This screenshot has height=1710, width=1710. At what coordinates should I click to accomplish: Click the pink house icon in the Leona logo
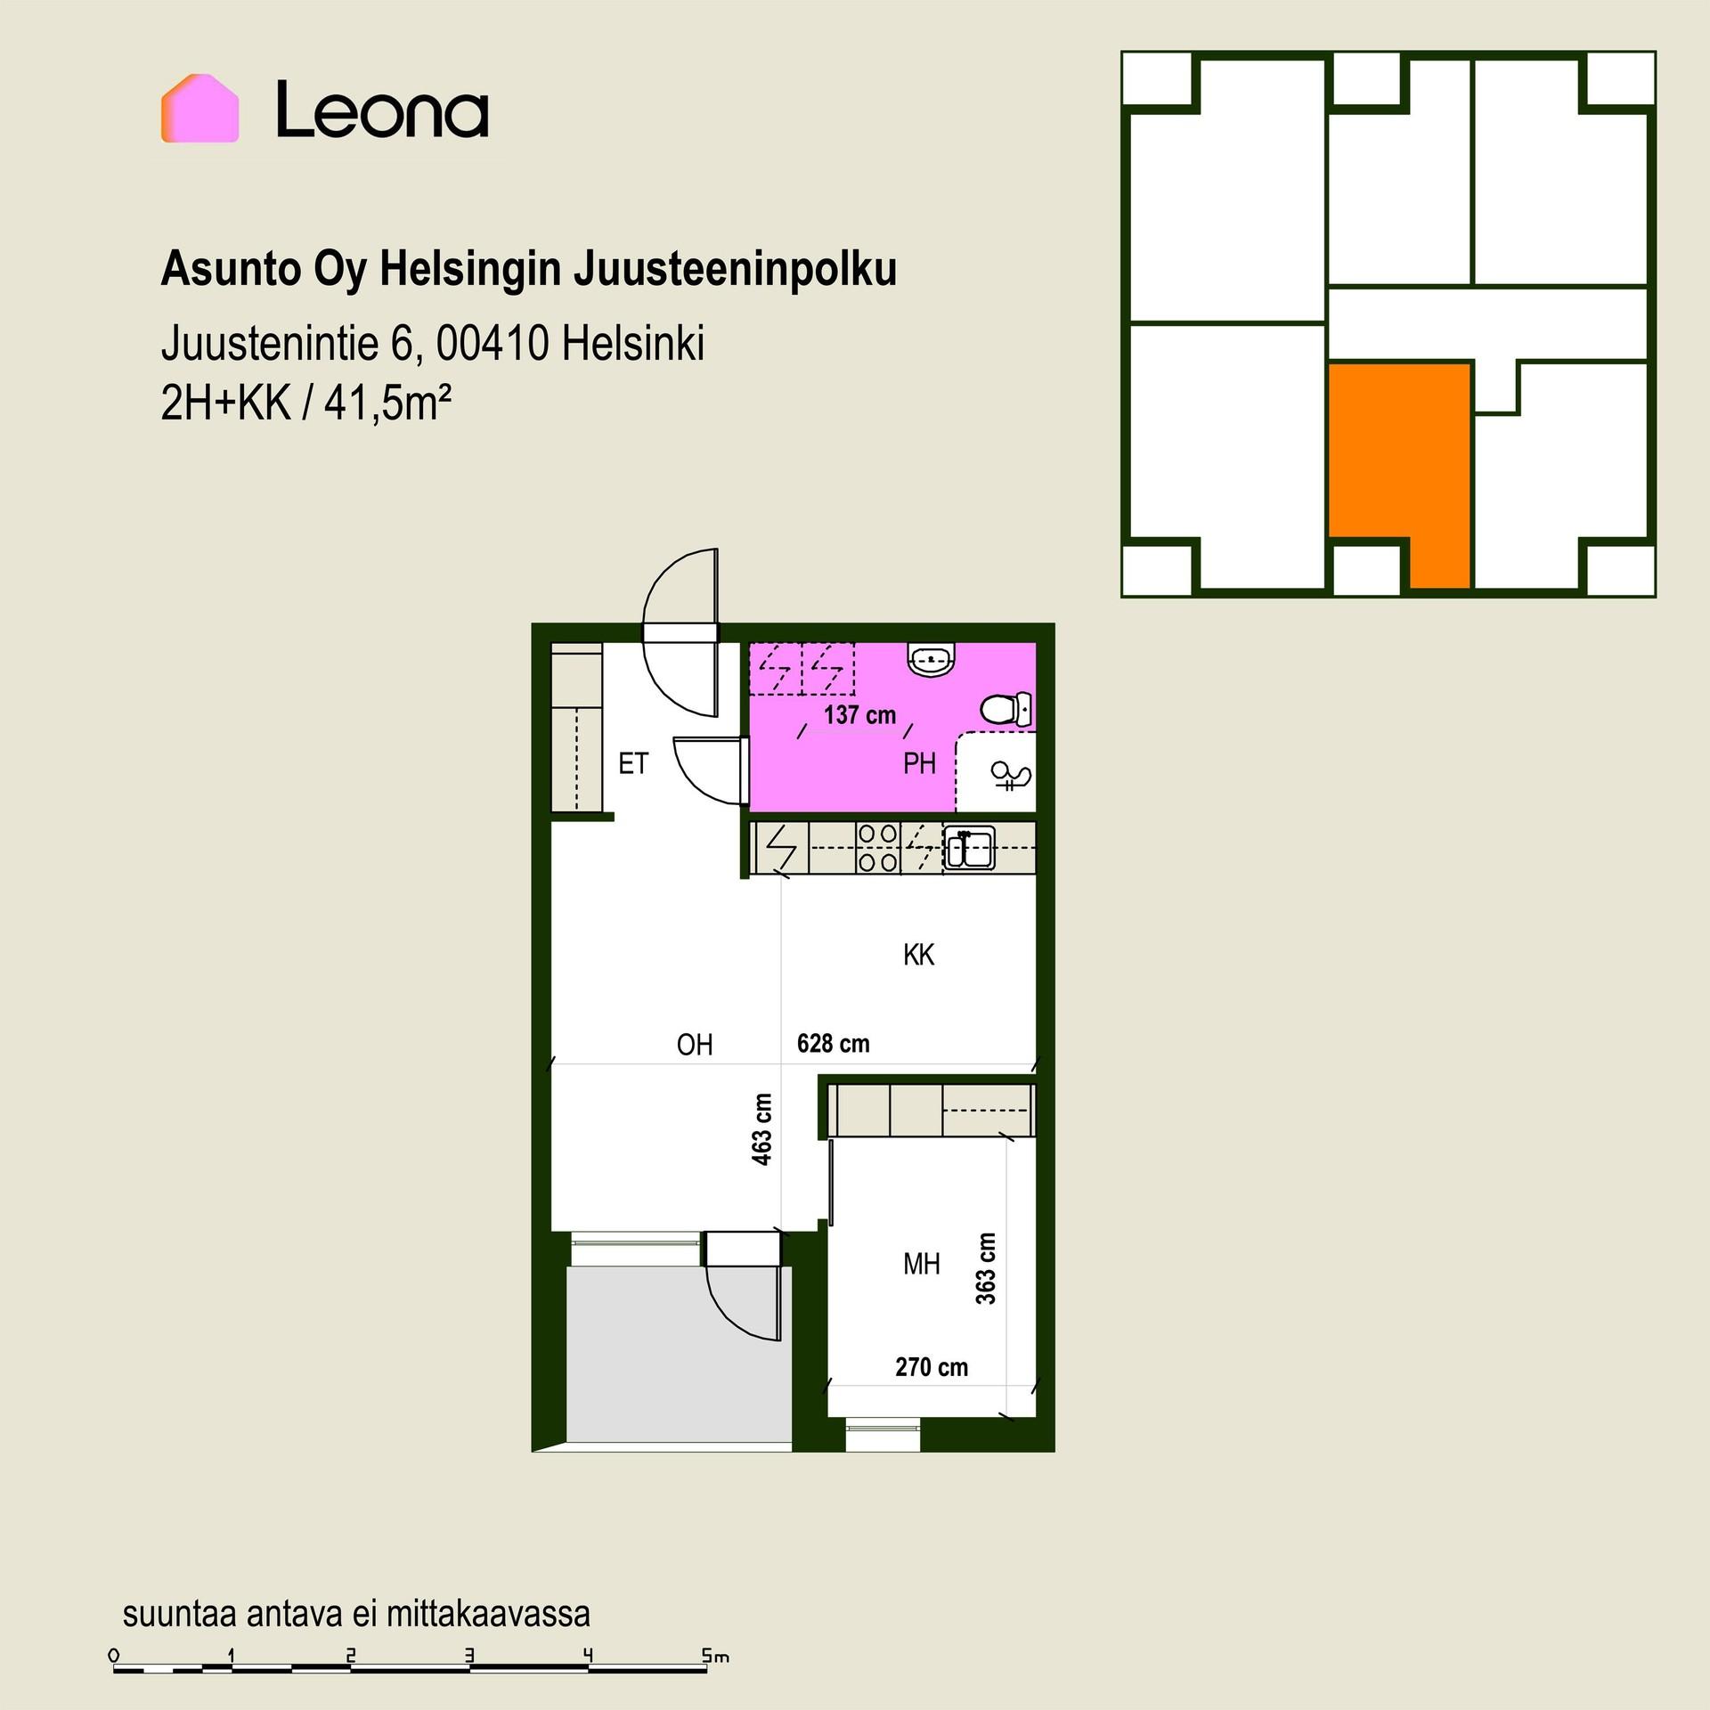tap(199, 109)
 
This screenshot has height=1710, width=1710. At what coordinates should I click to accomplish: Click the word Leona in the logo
tap(382, 110)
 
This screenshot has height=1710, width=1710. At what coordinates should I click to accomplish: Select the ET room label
tap(633, 763)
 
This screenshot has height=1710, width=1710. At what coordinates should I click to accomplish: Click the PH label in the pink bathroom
tap(919, 763)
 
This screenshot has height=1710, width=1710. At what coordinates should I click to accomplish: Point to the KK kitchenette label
tap(918, 955)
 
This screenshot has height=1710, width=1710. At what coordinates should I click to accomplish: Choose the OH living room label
tap(695, 1044)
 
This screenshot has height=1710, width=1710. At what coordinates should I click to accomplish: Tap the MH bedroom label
tap(921, 1264)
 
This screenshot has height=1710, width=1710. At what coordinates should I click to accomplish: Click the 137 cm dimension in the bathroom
tap(859, 715)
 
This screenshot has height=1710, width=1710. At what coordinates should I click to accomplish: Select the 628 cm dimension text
tap(833, 1043)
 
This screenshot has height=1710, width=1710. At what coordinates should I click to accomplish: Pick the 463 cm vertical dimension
tap(762, 1129)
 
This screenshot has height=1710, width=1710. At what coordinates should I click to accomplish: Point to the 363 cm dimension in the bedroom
tap(985, 1269)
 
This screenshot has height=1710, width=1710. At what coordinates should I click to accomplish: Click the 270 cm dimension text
tap(932, 1367)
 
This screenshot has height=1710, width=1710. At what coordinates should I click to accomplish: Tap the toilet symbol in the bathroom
tap(1006, 709)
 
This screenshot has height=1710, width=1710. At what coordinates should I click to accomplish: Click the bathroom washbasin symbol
tap(932, 660)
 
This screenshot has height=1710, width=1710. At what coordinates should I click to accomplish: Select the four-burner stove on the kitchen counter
tap(877, 847)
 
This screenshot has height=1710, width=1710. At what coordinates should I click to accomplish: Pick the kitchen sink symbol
tap(969, 847)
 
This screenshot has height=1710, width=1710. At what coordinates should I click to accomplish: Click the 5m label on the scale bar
tap(715, 1657)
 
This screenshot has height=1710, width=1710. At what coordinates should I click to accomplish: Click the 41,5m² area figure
tap(387, 403)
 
